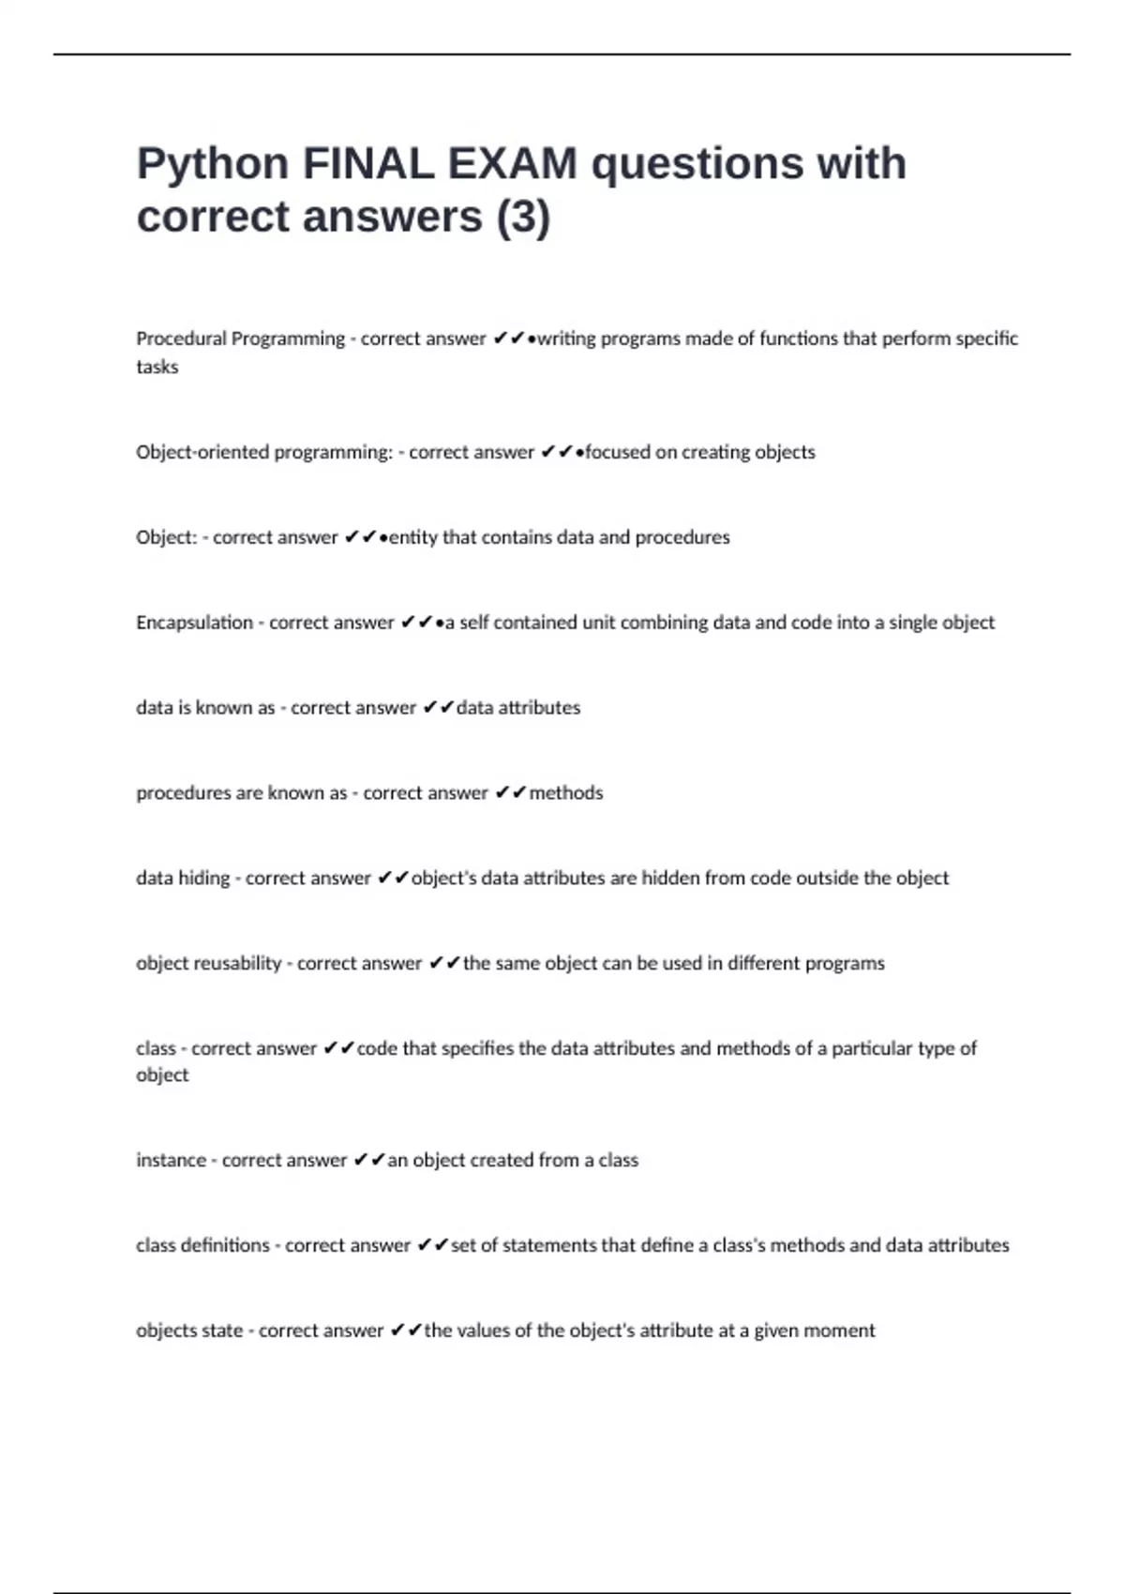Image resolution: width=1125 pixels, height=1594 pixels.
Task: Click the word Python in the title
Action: coord(213,165)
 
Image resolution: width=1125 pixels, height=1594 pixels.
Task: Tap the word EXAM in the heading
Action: coord(512,163)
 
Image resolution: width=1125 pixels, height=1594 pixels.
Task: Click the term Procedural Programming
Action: coord(240,338)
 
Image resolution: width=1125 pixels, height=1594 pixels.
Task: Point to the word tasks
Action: coord(157,367)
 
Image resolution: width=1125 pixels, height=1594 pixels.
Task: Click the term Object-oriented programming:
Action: coord(264,452)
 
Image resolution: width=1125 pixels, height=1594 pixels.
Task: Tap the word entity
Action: coord(412,537)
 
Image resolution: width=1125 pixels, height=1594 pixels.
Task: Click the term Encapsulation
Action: coord(194,623)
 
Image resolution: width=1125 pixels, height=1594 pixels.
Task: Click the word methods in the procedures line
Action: coord(566,793)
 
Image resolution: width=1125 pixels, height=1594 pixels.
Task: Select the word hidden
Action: coord(670,879)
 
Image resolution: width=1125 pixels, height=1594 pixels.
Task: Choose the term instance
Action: coord(171,1160)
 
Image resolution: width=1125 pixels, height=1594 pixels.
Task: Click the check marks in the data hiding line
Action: coord(393,879)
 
